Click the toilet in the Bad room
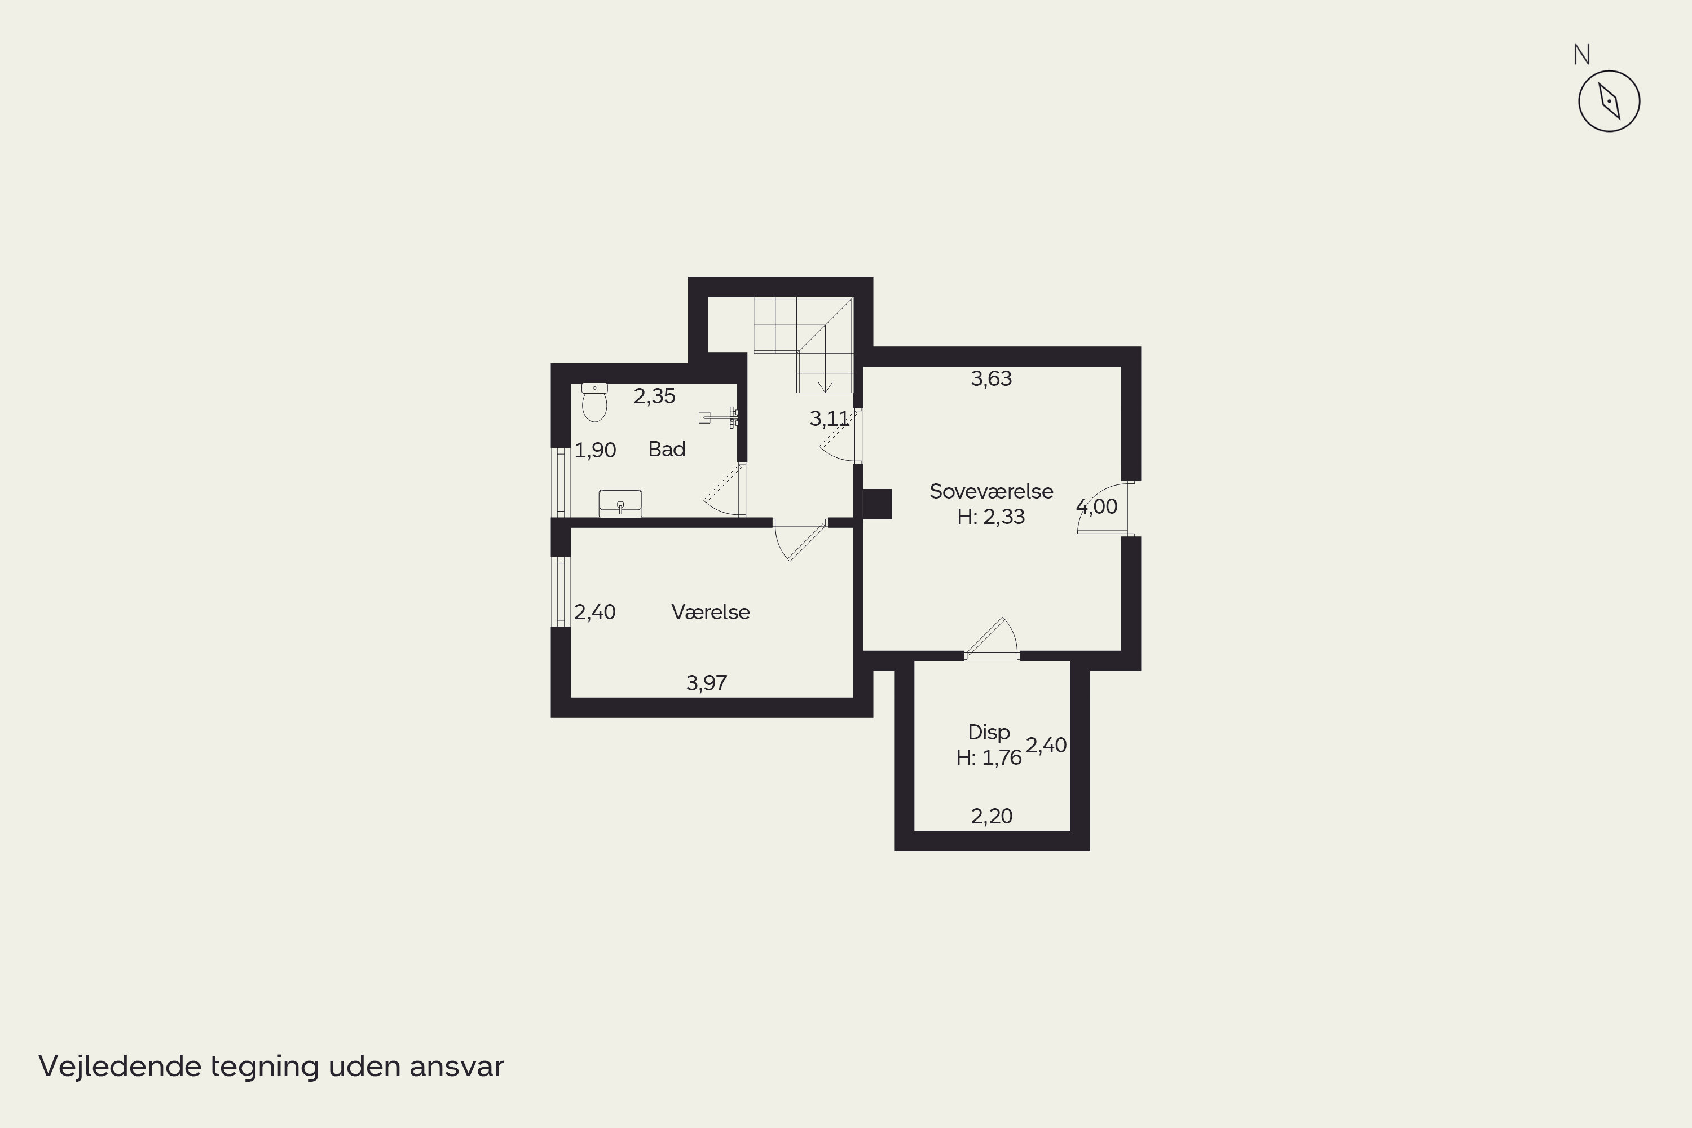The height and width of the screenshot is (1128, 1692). point(594,402)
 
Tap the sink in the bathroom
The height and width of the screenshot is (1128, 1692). point(620,504)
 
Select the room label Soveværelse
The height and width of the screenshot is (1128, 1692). point(992,491)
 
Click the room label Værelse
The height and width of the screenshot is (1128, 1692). point(711,612)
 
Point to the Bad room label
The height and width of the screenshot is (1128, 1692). point(667,449)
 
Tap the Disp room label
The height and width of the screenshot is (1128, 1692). point(989,732)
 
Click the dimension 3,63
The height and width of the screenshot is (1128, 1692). point(992,379)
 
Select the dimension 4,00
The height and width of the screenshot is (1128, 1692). point(1097,507)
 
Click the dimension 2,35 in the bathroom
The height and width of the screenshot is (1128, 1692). point(655,396)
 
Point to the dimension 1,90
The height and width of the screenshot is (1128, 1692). point(595,450)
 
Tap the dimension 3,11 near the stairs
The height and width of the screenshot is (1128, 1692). point(830,418)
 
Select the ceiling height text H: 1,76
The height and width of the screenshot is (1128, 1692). point(989,757)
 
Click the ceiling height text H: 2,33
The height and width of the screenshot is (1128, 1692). point(992,517)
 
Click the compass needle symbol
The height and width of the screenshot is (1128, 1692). point(1609,101)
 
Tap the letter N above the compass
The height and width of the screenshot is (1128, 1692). point(1581,55)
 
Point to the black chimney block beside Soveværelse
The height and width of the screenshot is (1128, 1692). point(877,504)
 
